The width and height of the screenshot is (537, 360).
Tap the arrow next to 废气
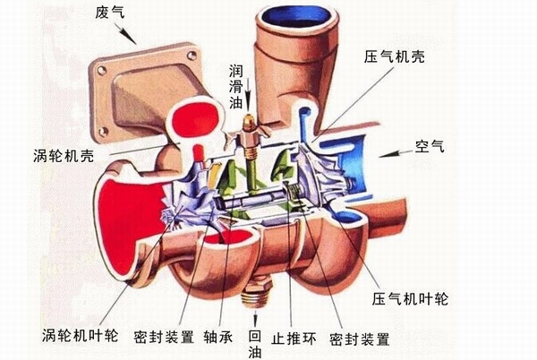click(127, 34)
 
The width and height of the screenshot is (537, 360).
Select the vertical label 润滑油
click(236, 87)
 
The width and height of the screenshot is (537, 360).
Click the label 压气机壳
click(394, 56)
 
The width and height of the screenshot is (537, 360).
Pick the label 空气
click(430, 146)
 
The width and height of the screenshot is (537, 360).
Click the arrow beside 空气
click(396, 154)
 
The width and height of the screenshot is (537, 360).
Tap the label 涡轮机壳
click(64, 156)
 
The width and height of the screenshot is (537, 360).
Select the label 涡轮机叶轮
click(81, 336)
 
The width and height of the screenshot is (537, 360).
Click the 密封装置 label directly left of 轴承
click(164, 337)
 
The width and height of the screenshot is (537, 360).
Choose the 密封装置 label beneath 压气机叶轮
click(360, 339)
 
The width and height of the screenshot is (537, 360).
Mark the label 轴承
click(218, 337)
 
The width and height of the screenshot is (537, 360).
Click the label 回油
click(254, 344)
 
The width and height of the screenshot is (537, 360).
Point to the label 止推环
click(294, 339)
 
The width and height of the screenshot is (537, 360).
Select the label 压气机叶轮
click(410, 299)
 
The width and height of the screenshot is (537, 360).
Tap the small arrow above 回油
click(255, 318)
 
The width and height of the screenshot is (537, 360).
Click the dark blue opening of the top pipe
click(297, 17)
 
